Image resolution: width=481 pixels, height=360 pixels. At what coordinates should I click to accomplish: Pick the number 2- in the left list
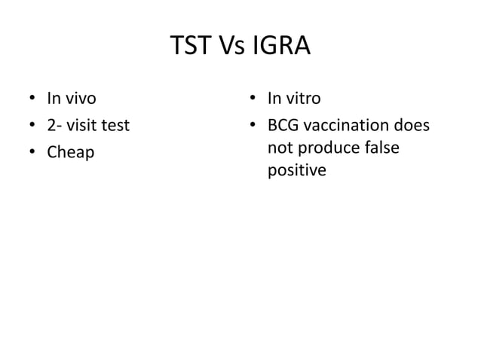click(x=54, y=124)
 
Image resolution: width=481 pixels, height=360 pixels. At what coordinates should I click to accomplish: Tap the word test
click(x=116, y=124)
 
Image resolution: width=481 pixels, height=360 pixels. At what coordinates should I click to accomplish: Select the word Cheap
click(x=71, y=153)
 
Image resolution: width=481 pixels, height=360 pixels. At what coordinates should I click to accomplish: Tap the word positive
click(x=296, y=172)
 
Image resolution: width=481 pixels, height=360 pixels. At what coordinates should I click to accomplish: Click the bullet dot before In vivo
click(x=32, y=98)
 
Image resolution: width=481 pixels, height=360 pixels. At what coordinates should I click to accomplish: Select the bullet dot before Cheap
click(x=32, y=153)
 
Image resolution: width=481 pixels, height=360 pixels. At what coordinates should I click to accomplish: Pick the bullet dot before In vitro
click(x=254, y=98)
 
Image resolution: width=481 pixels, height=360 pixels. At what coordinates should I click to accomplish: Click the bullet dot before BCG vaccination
click(x=254, y=125)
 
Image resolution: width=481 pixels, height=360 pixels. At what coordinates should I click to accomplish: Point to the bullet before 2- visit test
click(x=32, y=125)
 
